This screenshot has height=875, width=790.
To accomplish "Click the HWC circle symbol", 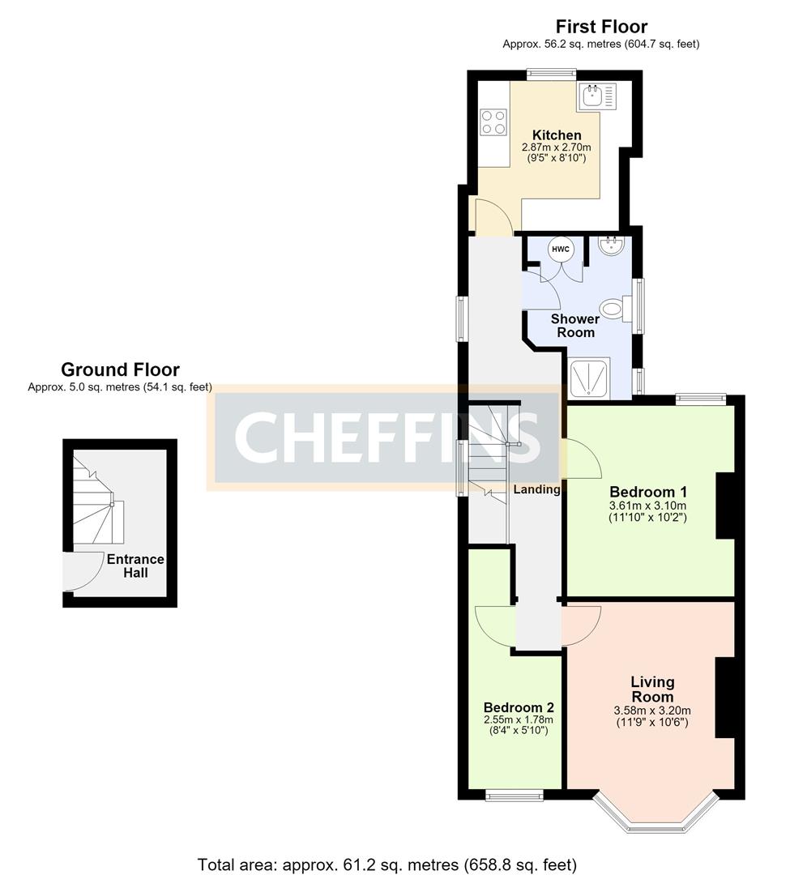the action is pos(560,249).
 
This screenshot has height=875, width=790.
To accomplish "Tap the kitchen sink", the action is pos(596,96).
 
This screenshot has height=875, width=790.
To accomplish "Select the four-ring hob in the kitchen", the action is pos(493,122).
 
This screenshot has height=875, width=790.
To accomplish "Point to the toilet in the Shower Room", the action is pos(616,309).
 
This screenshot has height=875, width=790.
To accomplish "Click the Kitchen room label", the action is pos(556,135).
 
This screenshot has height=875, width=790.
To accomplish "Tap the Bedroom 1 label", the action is pos(647,492).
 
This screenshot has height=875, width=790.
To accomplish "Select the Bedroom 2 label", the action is pos(519,707).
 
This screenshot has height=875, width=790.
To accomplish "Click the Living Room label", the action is pos(652,689).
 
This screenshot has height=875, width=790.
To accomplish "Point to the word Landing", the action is pos(536,489).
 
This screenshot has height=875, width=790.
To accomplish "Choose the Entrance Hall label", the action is pos(135,566).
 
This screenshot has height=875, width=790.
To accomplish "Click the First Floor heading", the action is pos(601,26).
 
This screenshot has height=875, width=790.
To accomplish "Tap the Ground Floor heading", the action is pos(120,369).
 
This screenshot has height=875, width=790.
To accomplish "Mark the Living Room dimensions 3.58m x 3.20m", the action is pos(652,711).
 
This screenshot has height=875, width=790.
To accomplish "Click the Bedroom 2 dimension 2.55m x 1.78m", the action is pos(519,719).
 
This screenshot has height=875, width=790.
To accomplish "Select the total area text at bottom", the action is pos(387,864).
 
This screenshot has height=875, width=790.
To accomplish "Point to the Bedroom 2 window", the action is pos(514,796).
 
